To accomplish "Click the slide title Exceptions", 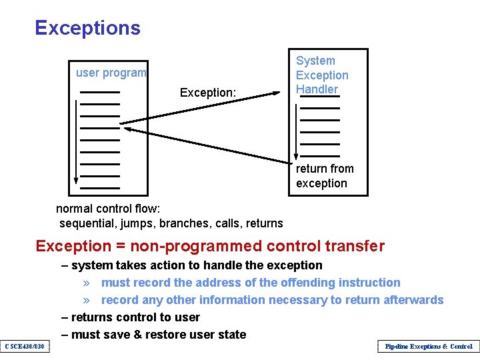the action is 87,28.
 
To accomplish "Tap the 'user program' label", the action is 111,73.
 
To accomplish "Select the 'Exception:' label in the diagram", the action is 208,93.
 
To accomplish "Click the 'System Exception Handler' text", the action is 322,75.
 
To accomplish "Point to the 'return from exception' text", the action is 325,176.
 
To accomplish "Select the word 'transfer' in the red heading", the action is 355,246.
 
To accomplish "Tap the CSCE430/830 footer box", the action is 25,347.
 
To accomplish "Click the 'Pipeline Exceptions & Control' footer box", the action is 428,347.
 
